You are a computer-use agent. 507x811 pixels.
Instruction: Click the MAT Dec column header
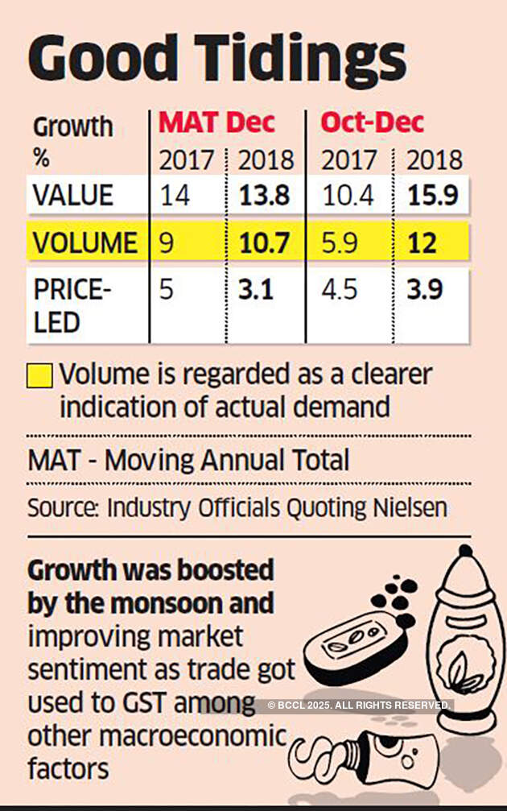(216, 122)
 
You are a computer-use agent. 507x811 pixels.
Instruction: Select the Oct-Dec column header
(373, 122)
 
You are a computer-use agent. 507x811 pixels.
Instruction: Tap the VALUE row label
(73, 196)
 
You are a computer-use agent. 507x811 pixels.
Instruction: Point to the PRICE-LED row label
(68, 306)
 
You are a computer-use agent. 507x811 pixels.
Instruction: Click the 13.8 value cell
(266, 196)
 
